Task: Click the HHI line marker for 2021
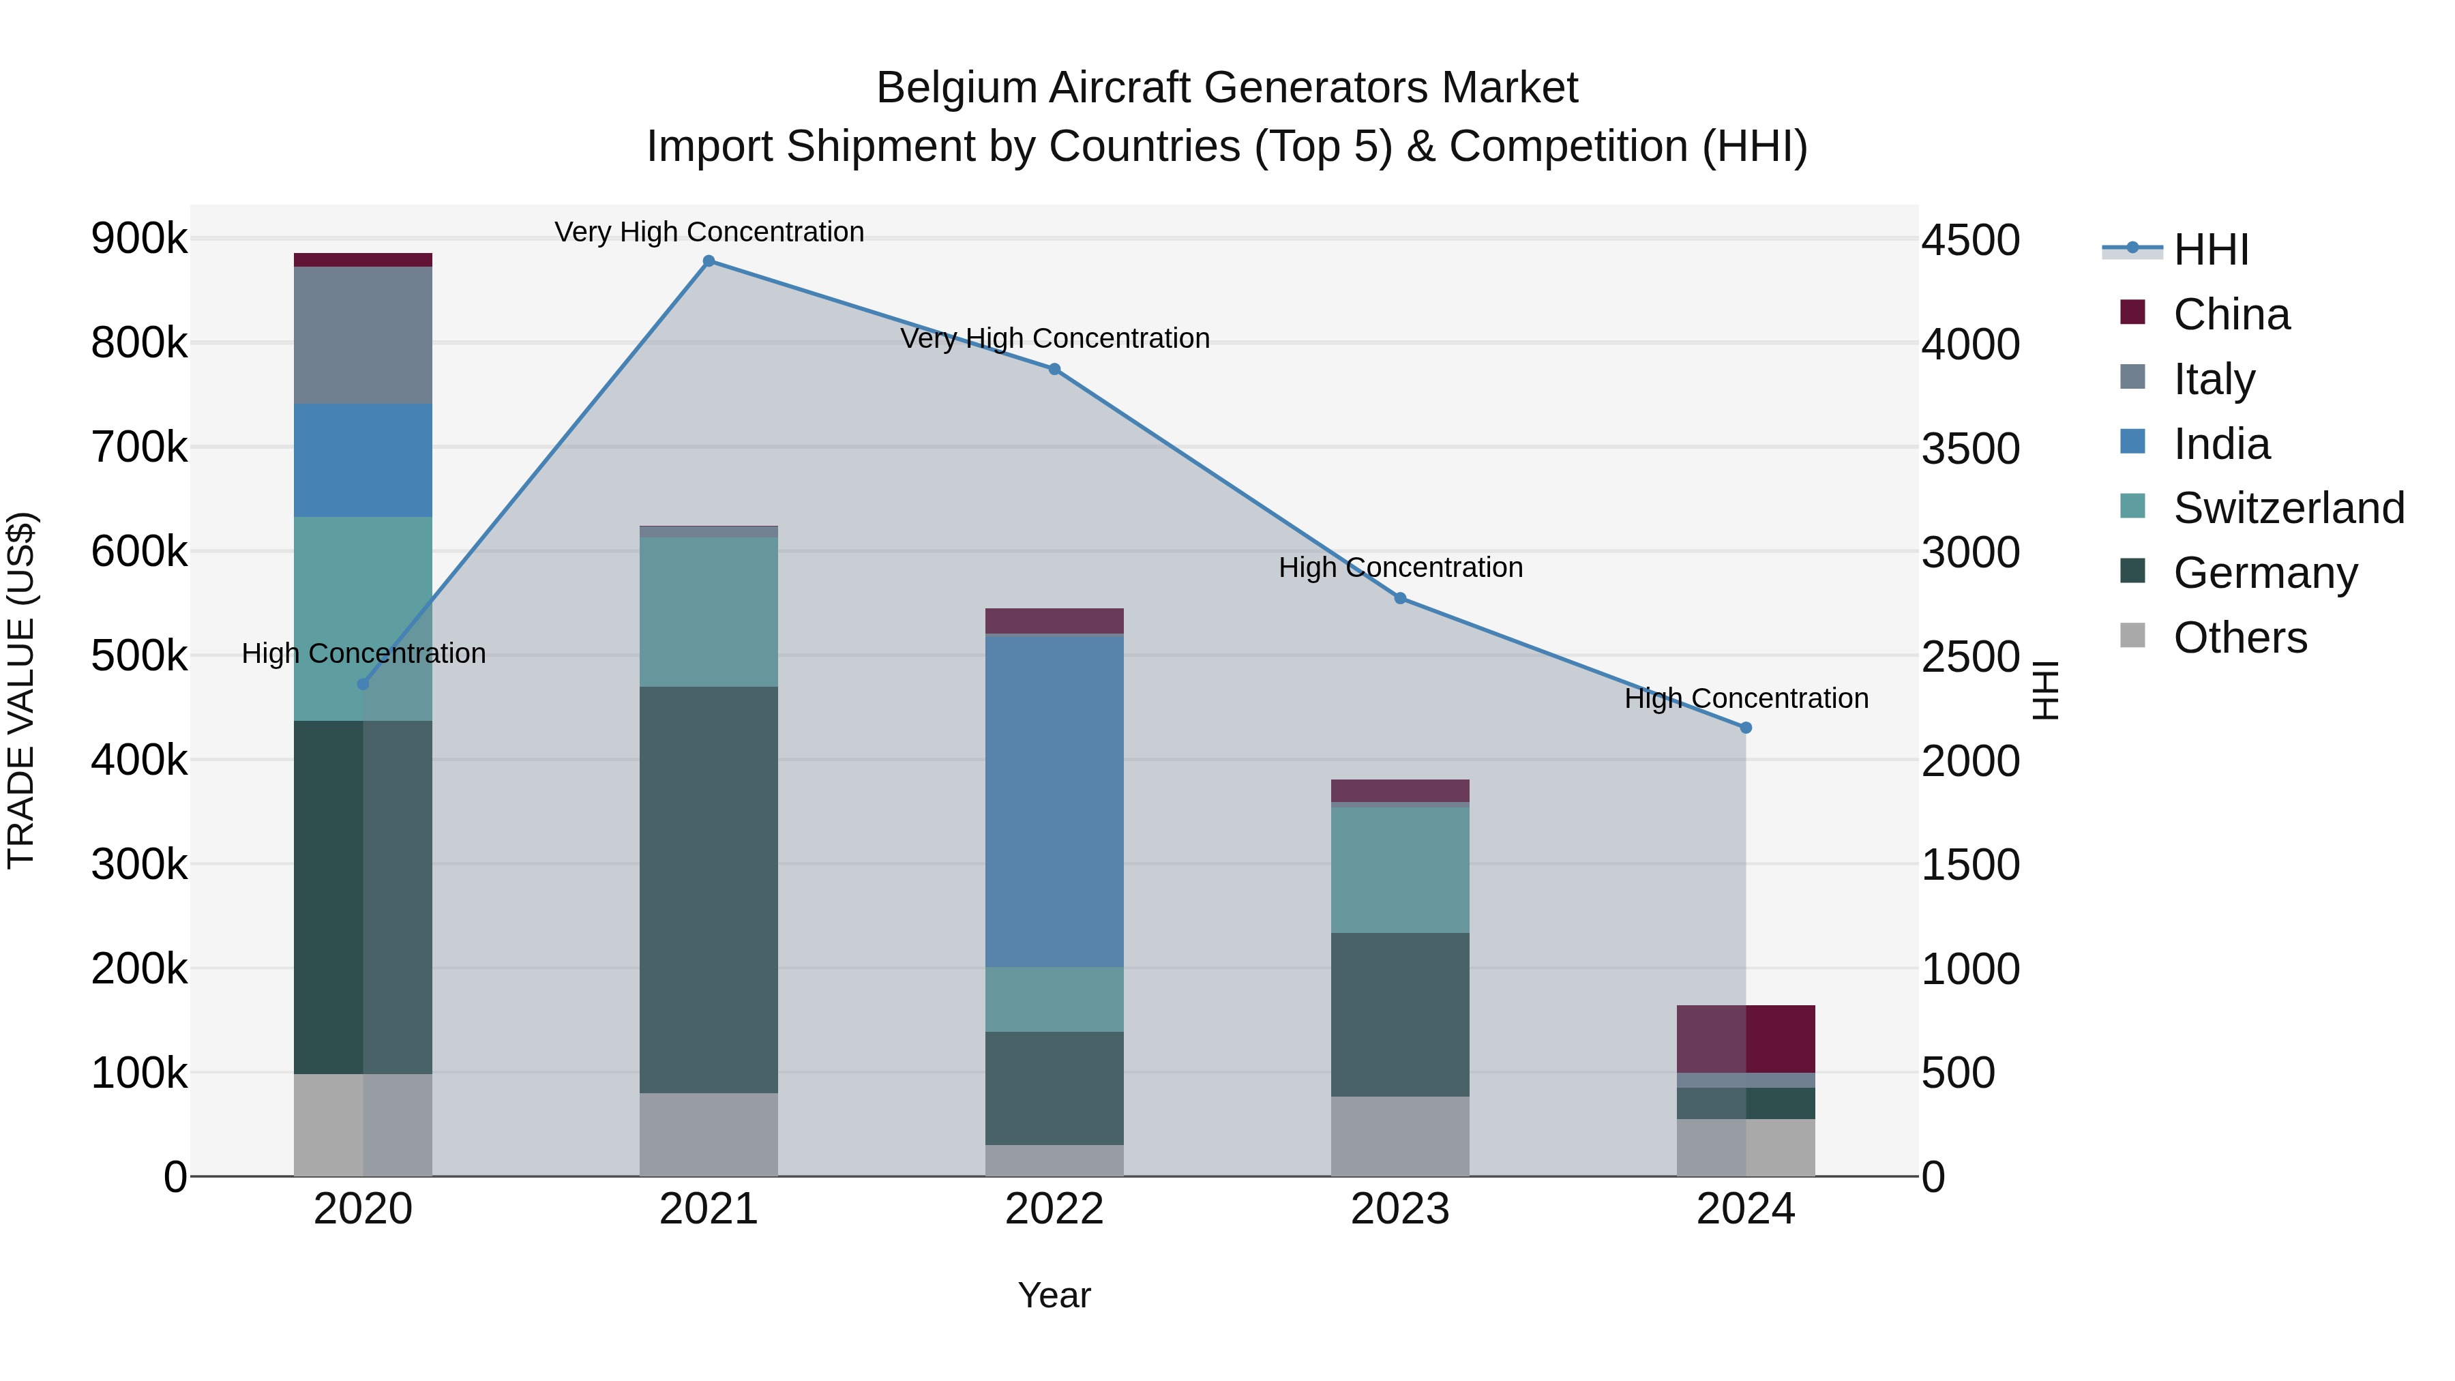708,261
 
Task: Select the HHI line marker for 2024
1746,728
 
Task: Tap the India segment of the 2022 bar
1054,801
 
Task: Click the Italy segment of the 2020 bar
362,335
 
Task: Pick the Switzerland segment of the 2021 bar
708,612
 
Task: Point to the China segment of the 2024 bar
1746,1039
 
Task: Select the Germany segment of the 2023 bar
1400,1014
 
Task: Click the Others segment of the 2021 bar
708,1134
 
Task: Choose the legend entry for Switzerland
2288,508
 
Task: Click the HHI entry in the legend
2211,250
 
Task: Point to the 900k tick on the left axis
139,238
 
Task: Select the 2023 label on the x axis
1400,1209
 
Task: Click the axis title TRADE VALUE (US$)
22,690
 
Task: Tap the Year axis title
1054,1295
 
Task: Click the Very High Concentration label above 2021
709,232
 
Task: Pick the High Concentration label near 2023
1400,567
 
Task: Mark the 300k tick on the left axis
139,865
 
